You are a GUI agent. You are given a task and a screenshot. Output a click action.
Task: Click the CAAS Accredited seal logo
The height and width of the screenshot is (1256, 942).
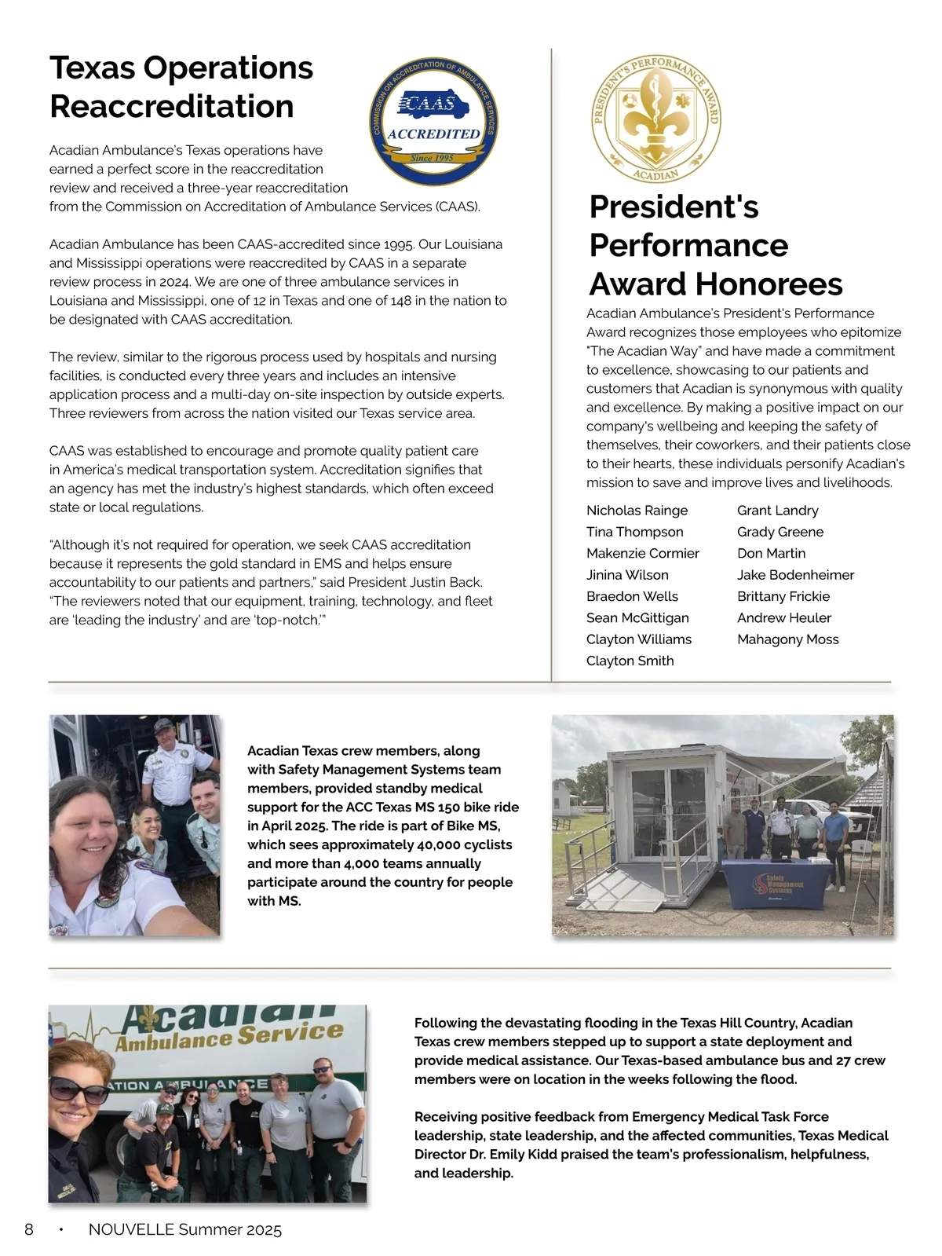pos(433,123)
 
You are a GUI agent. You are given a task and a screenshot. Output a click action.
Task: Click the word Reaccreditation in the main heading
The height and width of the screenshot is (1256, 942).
pos(172,106)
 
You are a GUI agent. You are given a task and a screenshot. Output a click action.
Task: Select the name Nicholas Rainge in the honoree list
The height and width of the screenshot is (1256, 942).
pos(637,511)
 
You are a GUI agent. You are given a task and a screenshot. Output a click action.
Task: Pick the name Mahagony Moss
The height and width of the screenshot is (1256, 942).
pos(787,639)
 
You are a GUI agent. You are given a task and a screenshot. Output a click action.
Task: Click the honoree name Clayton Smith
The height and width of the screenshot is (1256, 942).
pos(630,661)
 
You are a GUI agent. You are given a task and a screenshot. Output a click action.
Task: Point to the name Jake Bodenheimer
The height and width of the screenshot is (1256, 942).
pos(795,575)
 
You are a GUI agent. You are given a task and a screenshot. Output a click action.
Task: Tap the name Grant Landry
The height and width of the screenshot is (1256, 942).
pos(777,511)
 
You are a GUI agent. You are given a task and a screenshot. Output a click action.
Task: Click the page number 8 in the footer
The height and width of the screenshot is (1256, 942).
pos(29,1229)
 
